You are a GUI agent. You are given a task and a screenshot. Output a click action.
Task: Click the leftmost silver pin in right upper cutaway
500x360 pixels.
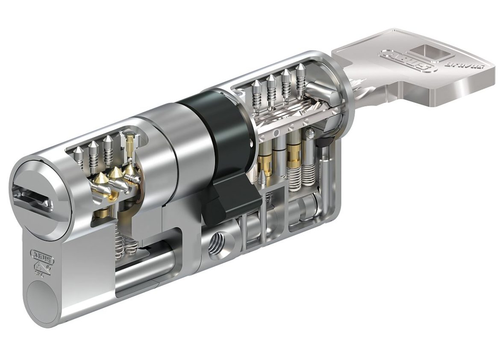click(x=256, y=96)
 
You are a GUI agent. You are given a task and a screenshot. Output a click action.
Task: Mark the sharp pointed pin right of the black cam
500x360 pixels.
click(x=262, y=177)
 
